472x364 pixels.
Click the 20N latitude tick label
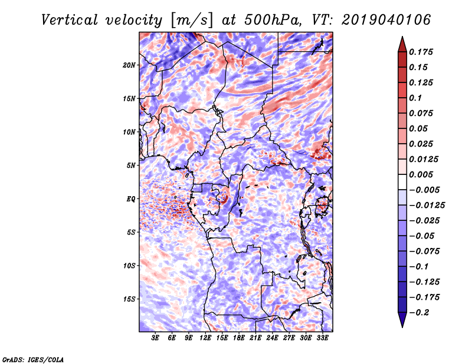pyautogui.click(x=129, y=65)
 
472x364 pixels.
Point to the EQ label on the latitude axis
pyautogui.click(x=130, y=199)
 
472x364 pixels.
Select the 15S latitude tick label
pyautogui.click(x=129, y=299)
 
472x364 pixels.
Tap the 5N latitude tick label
pyautogui.click(x=131, y=166)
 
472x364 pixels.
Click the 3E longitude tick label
pyautogui.click(x=155, y=337)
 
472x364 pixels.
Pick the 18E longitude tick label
pyautogui.click(x=239, y=337)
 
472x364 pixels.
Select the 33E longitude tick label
pyautogui.click(x=322, y=337)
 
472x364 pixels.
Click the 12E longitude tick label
pyautogui.click(x=205, y=337)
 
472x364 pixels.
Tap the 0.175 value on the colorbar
pyautogui.click(x=421, y=52)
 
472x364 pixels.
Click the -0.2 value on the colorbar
pyautogui.click(x=419, y=313)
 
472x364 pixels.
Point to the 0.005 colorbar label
pyautogui.click(x=421, y=174)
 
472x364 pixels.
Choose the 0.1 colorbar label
pyautogui.click(x=415, y=98)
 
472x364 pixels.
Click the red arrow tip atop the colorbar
pyautogui.click(x=402, y=37)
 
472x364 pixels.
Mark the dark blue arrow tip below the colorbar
pyautogui.click(x=402, y=326)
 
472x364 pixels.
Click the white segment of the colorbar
pyautogui.click(x=402, y=182)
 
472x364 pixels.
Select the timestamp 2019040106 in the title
pyautogui.click(x=386, y=20)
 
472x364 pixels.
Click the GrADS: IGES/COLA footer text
pyautogui.click(x=33, y=359)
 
